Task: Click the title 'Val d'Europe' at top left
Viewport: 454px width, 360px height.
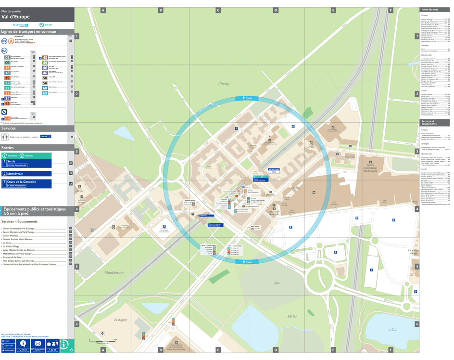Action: [16, 17]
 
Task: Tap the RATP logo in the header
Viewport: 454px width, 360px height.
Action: [42, 25]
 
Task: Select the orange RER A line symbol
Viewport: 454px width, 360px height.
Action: [11, 41]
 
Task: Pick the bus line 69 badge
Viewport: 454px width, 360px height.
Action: [45, 93]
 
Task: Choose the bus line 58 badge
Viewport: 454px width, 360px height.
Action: [45, 83]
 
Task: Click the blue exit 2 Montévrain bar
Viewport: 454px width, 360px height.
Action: [26, 174]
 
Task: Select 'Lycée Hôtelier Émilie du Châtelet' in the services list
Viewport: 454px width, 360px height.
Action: [19, 250]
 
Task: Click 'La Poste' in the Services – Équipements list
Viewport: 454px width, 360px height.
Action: [7, 243]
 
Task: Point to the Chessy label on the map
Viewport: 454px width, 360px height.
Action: [224, 84]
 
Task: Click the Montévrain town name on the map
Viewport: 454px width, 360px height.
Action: [114, 272]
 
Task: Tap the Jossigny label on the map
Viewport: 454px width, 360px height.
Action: [120, 320]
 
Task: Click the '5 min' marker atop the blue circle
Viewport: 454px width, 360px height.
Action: [248, 98]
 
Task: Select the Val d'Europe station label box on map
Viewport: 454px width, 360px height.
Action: [274, 170]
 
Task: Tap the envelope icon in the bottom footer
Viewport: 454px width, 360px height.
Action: [38, 343]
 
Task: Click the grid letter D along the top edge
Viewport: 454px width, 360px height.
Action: [276, 10]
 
